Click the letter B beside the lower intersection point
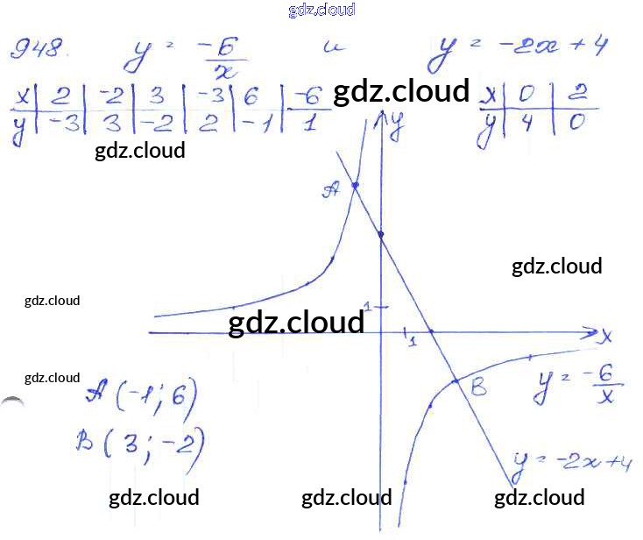click(x=478, y=387)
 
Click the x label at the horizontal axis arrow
click(x=605, y=335)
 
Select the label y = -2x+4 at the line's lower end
click(x=573, y=461)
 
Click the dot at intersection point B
click(x=456, y=380)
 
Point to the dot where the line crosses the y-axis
click(x=380, y=234)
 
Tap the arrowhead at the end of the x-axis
click(x=589, y=333)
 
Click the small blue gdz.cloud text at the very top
click(x=321, y=11)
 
